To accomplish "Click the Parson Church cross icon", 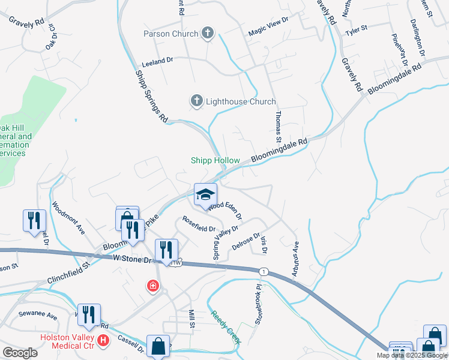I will pyautogui.click(x=207, y=34).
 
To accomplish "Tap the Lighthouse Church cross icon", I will pyautogui.click(x=196, y=101).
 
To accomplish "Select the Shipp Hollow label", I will pyautogui.click(x=215, y=160).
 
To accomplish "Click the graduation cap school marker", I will pyautogui.click(x=205, y=194).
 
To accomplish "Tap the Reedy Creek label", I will pyautogui.click(x=226, y=327).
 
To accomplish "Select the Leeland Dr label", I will pyautogui.click(x=157, y=61).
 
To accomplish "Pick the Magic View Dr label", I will pyautogui.click(x=268, y=28).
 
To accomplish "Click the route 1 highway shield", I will pyautogui.click(x=263, y=272).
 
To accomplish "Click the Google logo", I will pyautogui.click(x=20, y=352).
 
